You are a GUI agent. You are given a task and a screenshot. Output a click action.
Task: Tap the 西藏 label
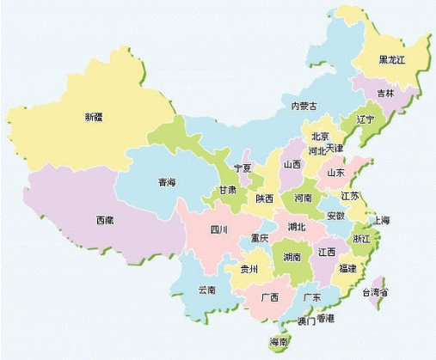point(103,221)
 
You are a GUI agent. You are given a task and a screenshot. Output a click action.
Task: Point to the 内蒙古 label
point(304,106)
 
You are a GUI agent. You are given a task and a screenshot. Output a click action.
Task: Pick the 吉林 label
point(385,92)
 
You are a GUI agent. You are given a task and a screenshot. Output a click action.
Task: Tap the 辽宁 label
point(365,119)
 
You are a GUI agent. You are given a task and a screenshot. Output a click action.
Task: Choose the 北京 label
point(320,136)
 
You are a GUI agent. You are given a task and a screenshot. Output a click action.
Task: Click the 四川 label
point(218,229)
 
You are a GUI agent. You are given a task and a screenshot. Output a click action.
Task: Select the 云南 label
point(207,290)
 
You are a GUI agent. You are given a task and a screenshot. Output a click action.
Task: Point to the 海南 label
point(279,342)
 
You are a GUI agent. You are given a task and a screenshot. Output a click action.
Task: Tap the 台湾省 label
point(375,293)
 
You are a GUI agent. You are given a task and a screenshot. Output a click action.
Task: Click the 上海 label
point(381,221)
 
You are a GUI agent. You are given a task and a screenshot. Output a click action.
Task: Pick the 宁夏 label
point(243,168)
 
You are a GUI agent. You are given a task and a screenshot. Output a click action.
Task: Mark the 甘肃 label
point(227,190)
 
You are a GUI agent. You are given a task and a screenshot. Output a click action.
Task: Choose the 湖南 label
point(292,257)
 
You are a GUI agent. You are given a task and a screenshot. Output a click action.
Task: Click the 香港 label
point(326,320)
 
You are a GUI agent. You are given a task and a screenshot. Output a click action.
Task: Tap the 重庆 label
point(259,237)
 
